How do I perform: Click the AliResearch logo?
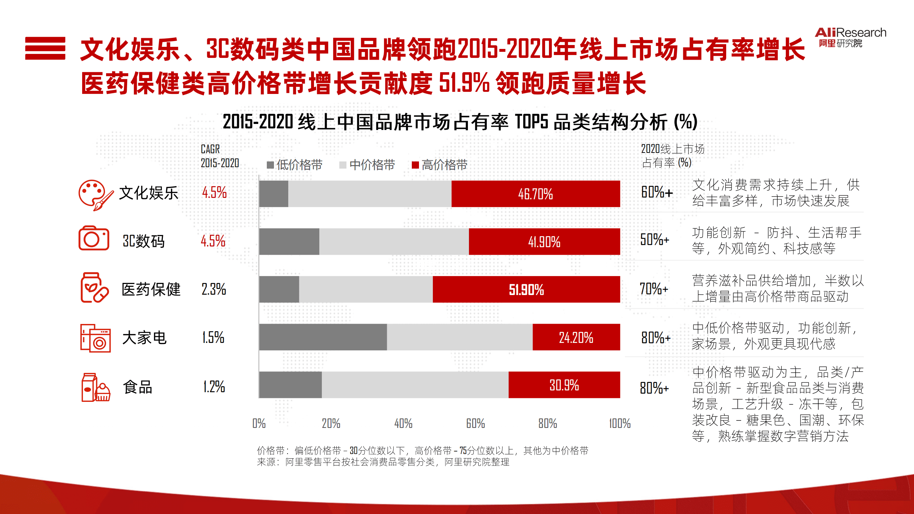point(850,37)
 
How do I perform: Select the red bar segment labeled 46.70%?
point(535,194)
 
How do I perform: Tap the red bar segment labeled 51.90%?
point(526,289)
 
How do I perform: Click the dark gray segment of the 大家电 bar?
point(323,337)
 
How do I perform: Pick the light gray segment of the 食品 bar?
point(415,385)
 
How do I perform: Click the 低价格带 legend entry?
point(295,165)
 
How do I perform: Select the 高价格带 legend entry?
point(440,165)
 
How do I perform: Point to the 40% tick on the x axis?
point(403,424)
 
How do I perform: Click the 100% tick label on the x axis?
point(620,424)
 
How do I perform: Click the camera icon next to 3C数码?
point(94,238)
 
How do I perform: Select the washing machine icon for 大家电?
point(95,338)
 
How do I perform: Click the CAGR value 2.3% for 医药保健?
point(214,289)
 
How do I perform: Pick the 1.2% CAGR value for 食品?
point(214,387)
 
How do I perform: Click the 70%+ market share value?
point(653,289)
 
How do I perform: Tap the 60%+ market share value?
point(656,193)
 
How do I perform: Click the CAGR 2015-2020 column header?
point(219,156)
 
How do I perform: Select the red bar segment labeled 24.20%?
point(576,337)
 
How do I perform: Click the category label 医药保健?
point(151,289)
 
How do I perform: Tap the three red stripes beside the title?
point(45,48)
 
